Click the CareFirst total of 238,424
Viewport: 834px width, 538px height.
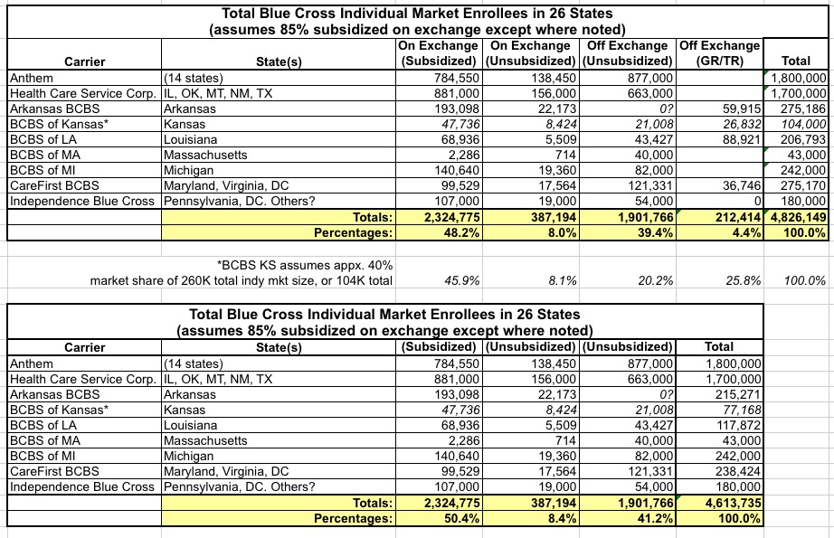coord(735,471)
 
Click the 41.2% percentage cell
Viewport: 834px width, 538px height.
coord(649,518)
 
